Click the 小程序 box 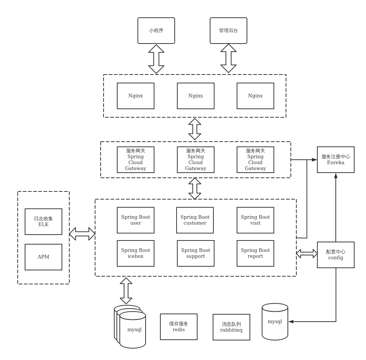(x=156, y=31)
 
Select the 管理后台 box (x=229, y=31)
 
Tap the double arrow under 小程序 (x=156, y=59)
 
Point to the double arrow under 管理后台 (x=229, y=58)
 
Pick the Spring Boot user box (x=136, y=220)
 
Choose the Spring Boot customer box (x=195, y=220)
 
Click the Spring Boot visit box (x=255, y=220)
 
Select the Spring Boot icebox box (x=136, y=253)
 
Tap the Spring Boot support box (x=196, y=253)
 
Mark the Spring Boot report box (x=255, y=253)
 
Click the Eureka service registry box (x=336, y=160)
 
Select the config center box (x=336, y=255)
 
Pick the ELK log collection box (x=43, y=222)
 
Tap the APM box (x=43, y=257)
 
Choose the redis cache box (x=179, y=327)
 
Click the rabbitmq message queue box (x=231, y=327)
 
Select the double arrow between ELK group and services (x=82, y=234)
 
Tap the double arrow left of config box (x=307, y=253)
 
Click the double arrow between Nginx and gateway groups (x=195, y=129)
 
